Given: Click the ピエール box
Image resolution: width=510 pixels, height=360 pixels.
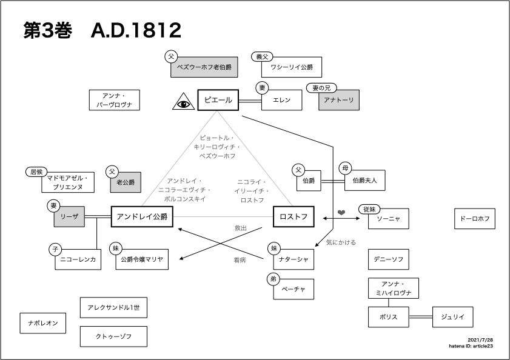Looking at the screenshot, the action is tap(218, 100).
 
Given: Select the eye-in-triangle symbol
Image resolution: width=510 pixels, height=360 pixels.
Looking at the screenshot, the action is tap(184, 101).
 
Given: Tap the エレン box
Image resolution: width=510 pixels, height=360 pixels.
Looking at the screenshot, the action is tap(281, 100).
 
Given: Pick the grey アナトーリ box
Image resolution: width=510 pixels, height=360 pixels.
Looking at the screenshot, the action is tap(339, 100).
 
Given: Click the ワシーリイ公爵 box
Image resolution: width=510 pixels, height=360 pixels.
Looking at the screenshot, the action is tap(292, 67).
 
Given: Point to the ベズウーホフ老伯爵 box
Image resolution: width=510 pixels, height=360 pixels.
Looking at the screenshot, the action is tap(204, 67).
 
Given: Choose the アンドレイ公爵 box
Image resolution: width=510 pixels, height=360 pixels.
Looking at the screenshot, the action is tap(142, 216).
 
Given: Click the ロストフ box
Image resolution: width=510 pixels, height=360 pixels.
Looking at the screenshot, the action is tap(294, 216).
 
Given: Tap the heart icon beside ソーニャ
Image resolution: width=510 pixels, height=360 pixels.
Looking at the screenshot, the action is tap(341, 212).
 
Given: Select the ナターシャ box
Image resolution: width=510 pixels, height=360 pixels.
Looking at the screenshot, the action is tap(294, 259).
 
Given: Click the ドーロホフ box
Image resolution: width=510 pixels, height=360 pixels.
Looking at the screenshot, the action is tap(475, 219).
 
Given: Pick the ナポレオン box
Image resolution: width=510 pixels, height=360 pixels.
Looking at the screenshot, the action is tap(43, 323).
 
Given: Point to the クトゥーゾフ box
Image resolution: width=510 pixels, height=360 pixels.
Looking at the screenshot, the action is tap(113, 336).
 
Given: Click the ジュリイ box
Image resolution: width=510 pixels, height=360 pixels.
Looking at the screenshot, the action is tap(453, 317).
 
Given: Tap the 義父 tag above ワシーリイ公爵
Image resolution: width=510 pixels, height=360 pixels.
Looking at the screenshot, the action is tap(262, 56).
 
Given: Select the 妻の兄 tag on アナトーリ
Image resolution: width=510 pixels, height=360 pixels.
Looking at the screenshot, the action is tap(321, 88).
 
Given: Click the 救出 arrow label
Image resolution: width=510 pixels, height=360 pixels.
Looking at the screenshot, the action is tap(241, 228).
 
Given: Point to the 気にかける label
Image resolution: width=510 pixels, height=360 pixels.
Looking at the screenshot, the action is tap(341, 242).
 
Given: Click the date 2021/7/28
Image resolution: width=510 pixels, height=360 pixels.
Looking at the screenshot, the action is tap(480, 340).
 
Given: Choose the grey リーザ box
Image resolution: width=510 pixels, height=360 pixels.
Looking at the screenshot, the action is tap(69, 216).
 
